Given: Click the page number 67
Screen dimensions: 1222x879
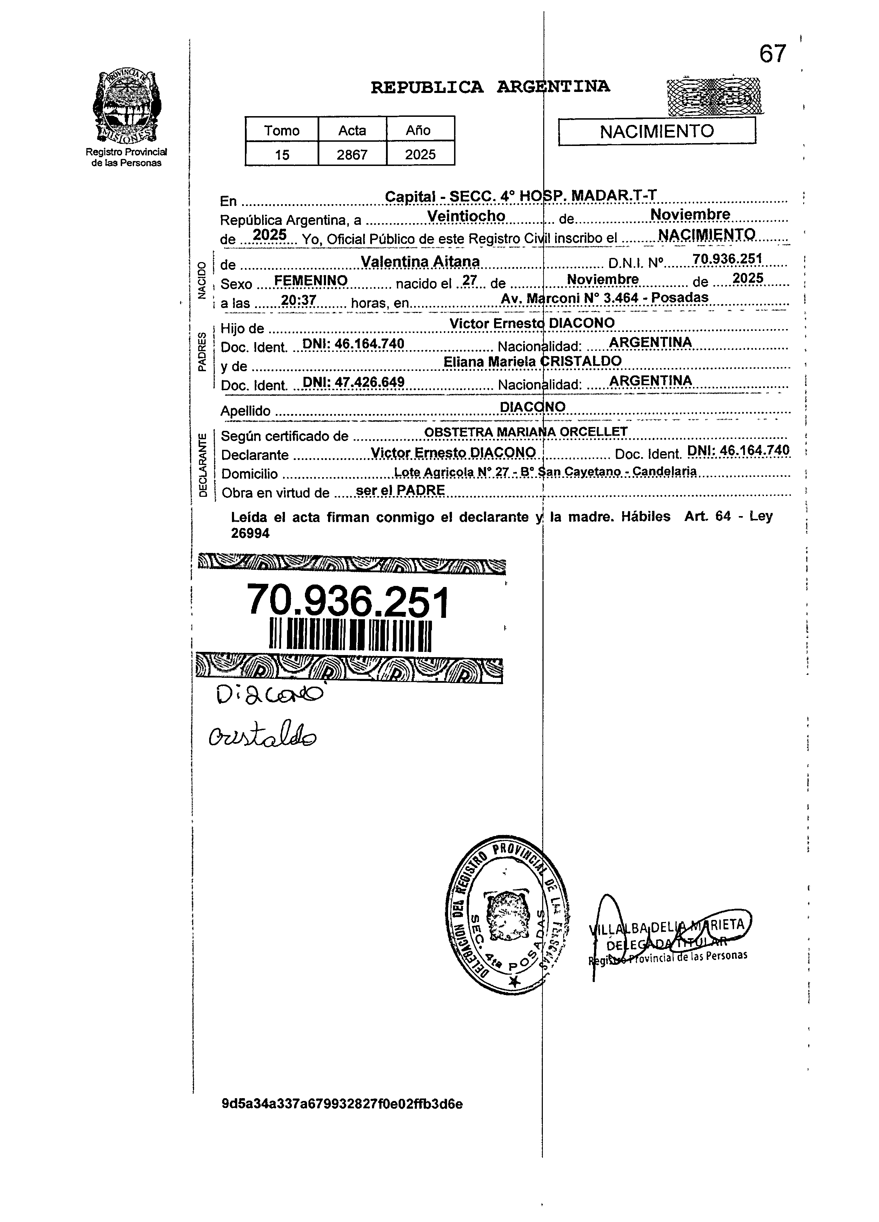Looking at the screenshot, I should pyautogui.click(x=773, y=54).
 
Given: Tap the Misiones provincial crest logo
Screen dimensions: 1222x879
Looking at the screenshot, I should pyautogui.click(x=126, y=105).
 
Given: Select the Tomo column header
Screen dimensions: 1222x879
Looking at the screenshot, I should pyautogui.click(x=282, y=131).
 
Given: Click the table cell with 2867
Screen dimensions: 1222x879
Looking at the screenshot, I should pyautogui.click(x=352, y=155).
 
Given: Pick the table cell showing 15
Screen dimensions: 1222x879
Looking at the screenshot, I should pyautogui.click(x=282, y=155).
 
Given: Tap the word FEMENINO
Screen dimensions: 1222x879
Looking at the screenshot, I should pyautogui.click(x=311, y=281).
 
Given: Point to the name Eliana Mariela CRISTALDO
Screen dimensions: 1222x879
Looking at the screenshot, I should pyautogui.click(x=532, y=361).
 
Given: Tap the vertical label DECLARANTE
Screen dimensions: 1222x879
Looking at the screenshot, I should pyautogui.click(x=202, y=465).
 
